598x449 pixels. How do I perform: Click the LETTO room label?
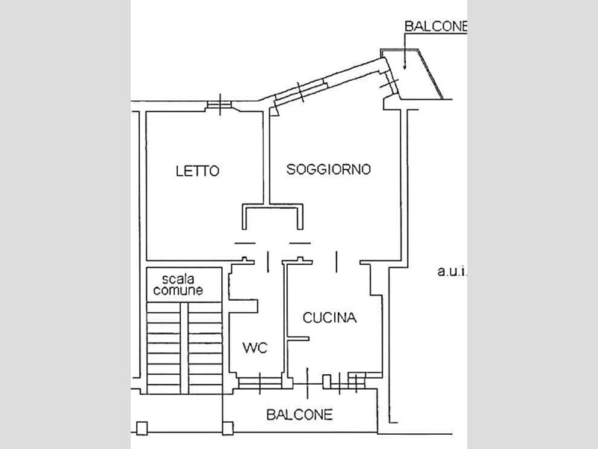coord(197,171)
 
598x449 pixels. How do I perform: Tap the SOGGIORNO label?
coord(329,169)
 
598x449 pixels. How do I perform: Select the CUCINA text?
coord(330,318)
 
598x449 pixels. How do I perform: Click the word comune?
coord(176,291)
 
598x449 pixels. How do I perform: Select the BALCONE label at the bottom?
coord(299,414)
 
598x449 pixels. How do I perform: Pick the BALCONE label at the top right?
coord(435,26)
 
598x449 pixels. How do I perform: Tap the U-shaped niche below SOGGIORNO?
coord(273,217)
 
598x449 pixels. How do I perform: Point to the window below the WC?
coord(259,384)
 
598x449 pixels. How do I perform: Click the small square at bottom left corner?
coord(141,428)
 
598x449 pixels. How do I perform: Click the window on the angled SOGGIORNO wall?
coord(299,91)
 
